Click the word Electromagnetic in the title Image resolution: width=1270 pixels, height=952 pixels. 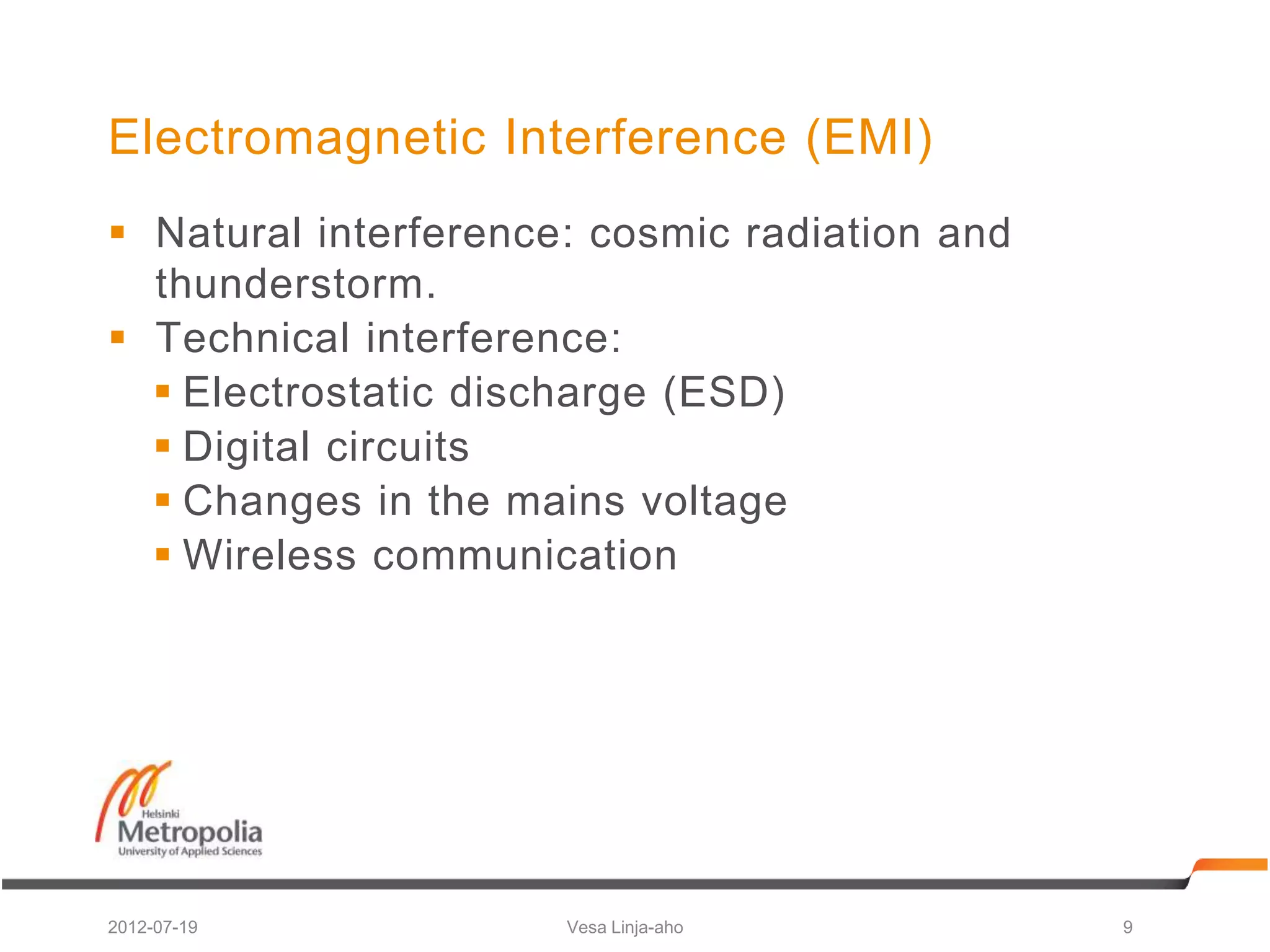pyautogui.click(x=297, y=138)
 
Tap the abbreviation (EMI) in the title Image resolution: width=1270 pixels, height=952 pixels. pyautogui.click(x=869, y=138)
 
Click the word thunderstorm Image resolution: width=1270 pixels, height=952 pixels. pyautogui.click(x=296, y=284)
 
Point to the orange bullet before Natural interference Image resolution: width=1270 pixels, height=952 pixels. pyautogui.click(x=117, y=232)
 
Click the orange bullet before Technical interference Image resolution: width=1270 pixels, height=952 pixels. pyautogui.click(x=117, y=337)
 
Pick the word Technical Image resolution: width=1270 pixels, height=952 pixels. pyautogui.click(x=253, y=338)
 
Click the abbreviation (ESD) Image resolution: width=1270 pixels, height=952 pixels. pyautogui.click(x=724, y=392)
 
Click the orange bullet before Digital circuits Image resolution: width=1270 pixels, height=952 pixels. pyautogui.click(x=162, y=446)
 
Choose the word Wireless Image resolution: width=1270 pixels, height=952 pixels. pyautogui.click(x=270, y=555)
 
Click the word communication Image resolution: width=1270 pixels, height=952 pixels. pyautogui.click(x=525, y=555)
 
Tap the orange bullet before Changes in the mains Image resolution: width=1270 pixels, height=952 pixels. pyautogui.click(x=162, y=500)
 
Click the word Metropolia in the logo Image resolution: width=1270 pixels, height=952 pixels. pyautogui.click(x=190, y=832)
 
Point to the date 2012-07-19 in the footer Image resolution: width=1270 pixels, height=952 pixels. pyautogui.click(x=153, y=927)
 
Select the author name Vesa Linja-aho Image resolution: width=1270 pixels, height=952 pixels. pyautogui.click(x=624, y=927)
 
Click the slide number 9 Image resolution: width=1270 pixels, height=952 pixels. pyautogui.click(x=1127, y=927)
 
